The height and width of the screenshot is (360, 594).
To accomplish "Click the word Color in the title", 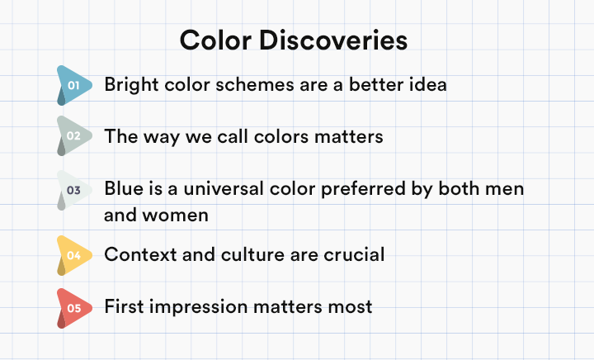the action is pyautogui.click(x=215, y=40).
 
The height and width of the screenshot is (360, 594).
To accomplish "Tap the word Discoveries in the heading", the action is pyautogui.click(x=333, y=40).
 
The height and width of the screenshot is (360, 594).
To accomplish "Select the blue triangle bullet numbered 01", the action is pyautogui.click(x=74, y=85).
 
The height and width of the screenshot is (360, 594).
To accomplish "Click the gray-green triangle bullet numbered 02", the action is pyautogui.click(x=74, y=135).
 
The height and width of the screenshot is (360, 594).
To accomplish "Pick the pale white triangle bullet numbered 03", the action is pyautogui.click(x=74, y=190).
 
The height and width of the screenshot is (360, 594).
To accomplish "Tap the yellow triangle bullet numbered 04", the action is pyautogui.click(x=74, y=255).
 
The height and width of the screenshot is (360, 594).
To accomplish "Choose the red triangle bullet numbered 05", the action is pyautogui.click(x=74, y=309).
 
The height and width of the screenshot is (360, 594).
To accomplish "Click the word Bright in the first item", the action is pyautogui.click(x=131, y=85).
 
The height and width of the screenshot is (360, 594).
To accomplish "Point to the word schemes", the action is pyautogui.click(x=255, y=84).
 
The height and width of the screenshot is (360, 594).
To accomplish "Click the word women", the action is pyautogui.click(x=175, y=216).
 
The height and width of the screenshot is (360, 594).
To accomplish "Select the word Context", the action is pyautogui.click(x=140, y=254).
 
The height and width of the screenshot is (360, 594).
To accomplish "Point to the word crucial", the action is pyautogui.click(x=354, y=254).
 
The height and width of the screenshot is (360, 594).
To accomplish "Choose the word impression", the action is pyautogui.click(x=198, y=307).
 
